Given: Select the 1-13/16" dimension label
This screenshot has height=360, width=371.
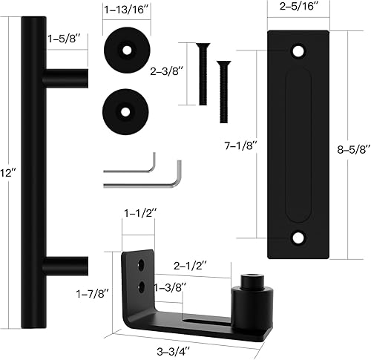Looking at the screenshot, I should click(124, 11).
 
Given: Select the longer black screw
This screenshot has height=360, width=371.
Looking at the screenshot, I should click(200, 74).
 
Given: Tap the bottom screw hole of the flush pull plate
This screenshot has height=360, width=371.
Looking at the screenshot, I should click(300, 238).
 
